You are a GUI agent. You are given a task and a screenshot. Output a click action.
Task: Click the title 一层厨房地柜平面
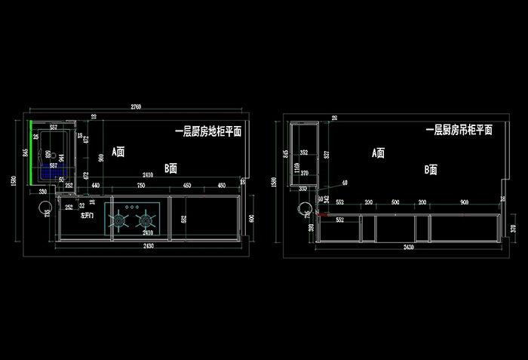[207, 131]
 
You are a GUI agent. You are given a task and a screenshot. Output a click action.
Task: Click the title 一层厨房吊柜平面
[459, 130]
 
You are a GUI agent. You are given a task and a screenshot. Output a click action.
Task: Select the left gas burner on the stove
[118, 222]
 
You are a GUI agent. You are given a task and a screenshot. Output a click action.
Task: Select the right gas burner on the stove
[145, 222]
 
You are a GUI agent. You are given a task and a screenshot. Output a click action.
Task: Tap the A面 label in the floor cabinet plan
[118, 151]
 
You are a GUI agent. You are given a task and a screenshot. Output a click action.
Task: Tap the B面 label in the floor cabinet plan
[171, 168]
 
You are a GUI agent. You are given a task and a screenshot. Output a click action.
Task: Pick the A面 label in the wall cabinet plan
[378, 152]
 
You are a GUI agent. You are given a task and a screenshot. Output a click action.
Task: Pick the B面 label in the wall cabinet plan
[431, 170]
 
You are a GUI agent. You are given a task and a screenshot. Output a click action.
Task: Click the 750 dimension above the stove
[141, 185]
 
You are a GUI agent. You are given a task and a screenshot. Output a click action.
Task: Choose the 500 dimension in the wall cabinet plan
[395, 203]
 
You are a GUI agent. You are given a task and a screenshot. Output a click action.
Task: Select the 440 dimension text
[96, 185]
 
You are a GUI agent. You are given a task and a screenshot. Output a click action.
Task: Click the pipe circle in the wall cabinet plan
[304, 208]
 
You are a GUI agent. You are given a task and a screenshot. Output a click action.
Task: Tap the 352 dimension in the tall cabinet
[304, 153]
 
